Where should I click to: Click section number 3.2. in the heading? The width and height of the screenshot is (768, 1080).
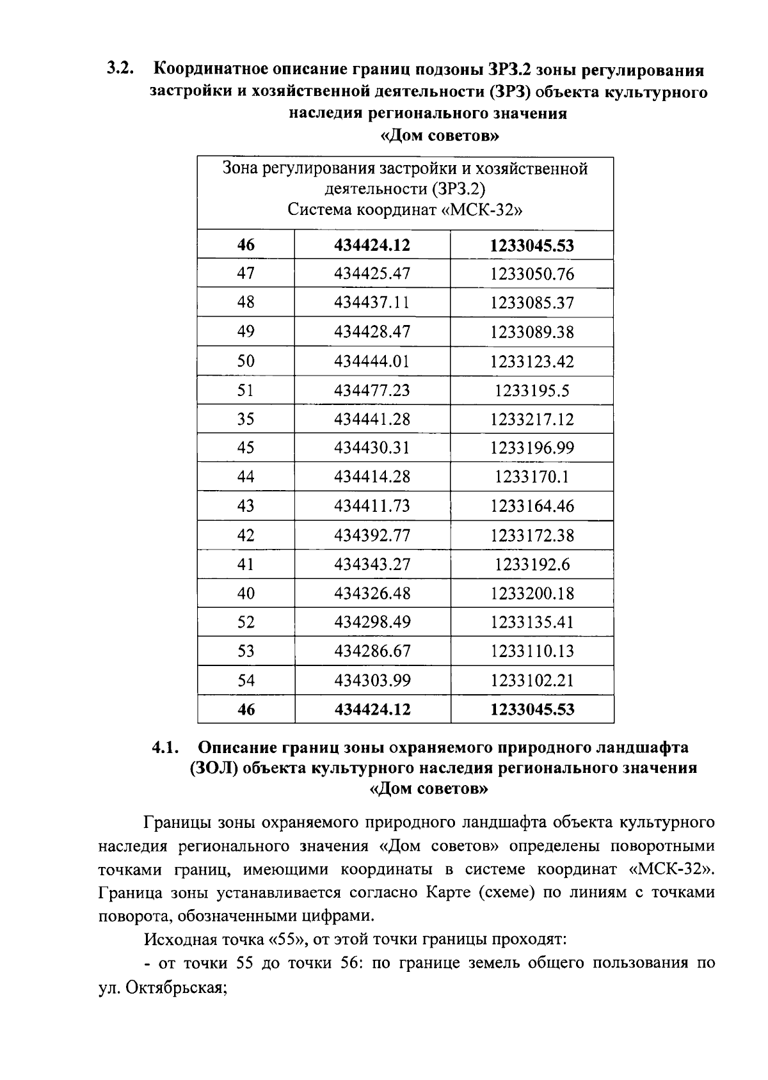click(121, 68)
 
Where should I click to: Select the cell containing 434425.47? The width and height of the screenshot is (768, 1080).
click(372, 274)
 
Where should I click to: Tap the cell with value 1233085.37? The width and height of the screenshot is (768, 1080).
click(532, 303)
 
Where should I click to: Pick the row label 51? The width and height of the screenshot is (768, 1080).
click(246, 390)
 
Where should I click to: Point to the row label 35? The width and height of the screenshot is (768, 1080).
click(246, 419)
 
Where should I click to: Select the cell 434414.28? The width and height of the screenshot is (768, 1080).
click(372, 477)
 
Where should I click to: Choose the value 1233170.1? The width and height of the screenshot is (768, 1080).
click(532, 477)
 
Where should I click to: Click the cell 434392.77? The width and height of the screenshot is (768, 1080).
click(372, 535)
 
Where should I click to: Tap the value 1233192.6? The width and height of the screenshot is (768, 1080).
click(532, 564)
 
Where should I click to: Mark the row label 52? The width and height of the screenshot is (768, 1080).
click(246, 622)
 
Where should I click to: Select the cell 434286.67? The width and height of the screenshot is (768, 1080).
click(372, 651)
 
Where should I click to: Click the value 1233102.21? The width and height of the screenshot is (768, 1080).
click(532, 681)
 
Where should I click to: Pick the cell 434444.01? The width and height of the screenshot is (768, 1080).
click(372, 361)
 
